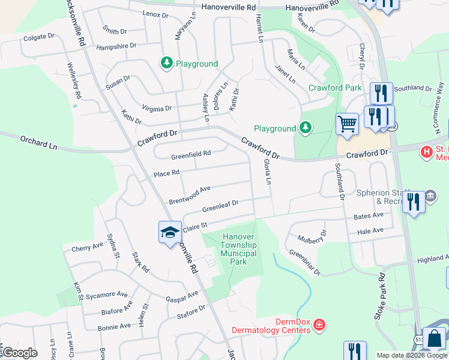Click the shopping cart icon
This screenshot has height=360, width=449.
(x=347, y=124)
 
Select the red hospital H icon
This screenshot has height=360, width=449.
(x=427, y=152)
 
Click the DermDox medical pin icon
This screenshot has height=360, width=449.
(x=320, y=325)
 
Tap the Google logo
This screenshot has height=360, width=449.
(x=19, y=353)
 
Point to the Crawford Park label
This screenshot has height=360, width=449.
(x=335, y=88)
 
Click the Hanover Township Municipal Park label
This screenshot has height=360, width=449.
(x=239, y=249)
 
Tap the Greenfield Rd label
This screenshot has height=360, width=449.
(x=191, y=154)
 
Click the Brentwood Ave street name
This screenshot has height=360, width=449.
(x=189, y=193)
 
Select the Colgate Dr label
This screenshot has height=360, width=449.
(x=38, y=38)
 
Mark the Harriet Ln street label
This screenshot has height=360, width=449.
(x=260, y=28)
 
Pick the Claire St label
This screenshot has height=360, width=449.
(x=195, y=227)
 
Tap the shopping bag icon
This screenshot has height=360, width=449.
(x=435, y=340)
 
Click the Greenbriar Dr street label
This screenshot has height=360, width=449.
(x=305, y=262)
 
